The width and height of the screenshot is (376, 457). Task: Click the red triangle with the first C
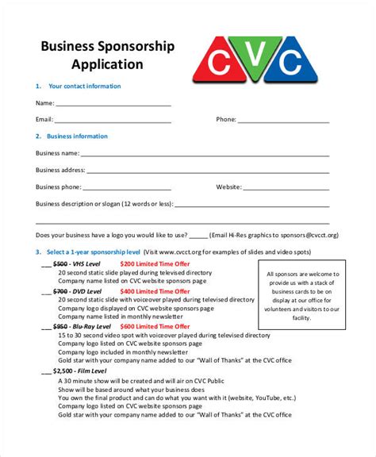(218, 61)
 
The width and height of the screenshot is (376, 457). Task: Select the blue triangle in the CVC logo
(291, 61)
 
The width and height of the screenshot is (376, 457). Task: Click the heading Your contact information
(85, 86)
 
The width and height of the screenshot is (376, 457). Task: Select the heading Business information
(78, 136)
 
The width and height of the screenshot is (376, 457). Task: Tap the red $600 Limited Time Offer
(155, 326)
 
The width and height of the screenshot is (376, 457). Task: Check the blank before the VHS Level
(45, 264)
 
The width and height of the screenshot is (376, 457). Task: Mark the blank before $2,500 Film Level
(45, 371)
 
